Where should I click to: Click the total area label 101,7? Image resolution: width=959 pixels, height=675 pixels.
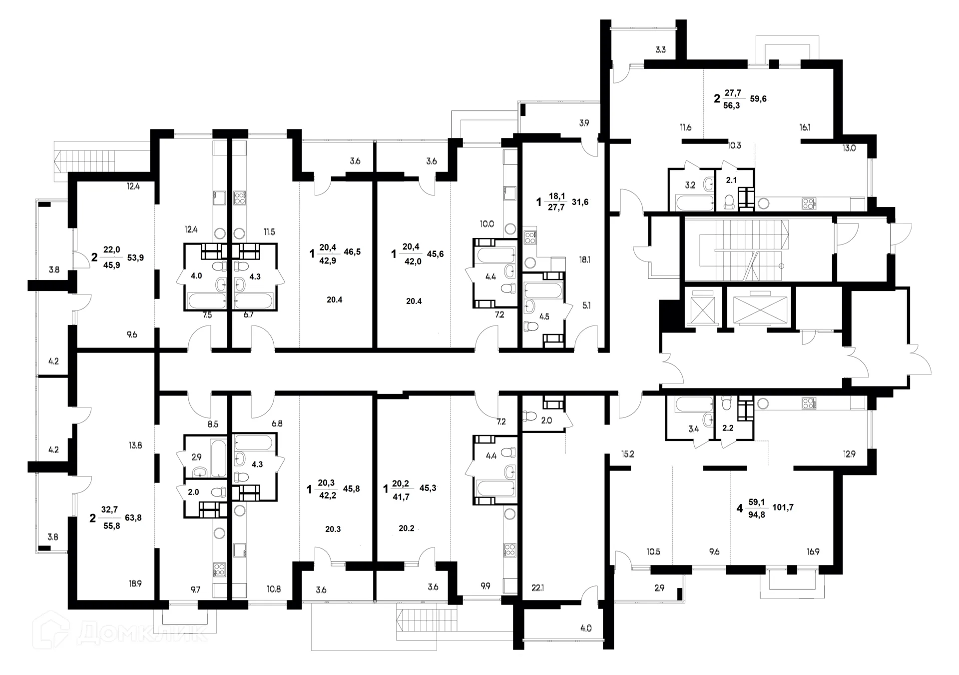pos(783,507)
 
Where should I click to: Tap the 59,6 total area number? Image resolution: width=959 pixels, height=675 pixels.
pos(758,98)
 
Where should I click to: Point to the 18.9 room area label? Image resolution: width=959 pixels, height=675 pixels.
pos(135,583)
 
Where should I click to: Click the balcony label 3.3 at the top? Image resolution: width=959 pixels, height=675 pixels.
pos(660,49)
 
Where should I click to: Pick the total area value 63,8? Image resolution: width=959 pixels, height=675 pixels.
pos(133,518)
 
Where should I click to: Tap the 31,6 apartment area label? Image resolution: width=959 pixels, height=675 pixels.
pos(580,202)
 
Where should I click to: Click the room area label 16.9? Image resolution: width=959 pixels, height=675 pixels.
pos(813,552)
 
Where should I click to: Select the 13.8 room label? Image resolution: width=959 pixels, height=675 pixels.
pos(135,445)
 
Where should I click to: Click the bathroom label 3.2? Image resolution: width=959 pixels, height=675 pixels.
pos(690,185)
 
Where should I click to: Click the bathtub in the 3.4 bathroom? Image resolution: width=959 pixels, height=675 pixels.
pos(693,404)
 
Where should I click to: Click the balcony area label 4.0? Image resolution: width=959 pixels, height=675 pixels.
pos(586,628)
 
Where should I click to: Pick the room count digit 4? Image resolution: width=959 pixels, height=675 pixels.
pos(740,509)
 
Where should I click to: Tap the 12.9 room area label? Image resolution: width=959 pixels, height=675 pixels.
pos(849,454)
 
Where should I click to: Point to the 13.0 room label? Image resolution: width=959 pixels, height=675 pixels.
pos(849,148)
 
